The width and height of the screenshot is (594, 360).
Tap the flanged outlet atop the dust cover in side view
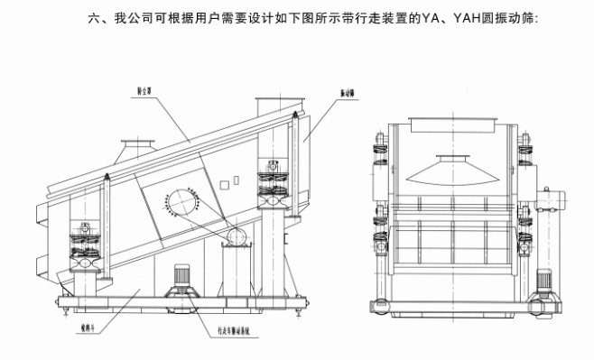pos(137,144)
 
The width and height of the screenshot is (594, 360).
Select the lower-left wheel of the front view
pos(383,307)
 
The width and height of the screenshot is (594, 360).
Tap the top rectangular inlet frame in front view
pos(448,125)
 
